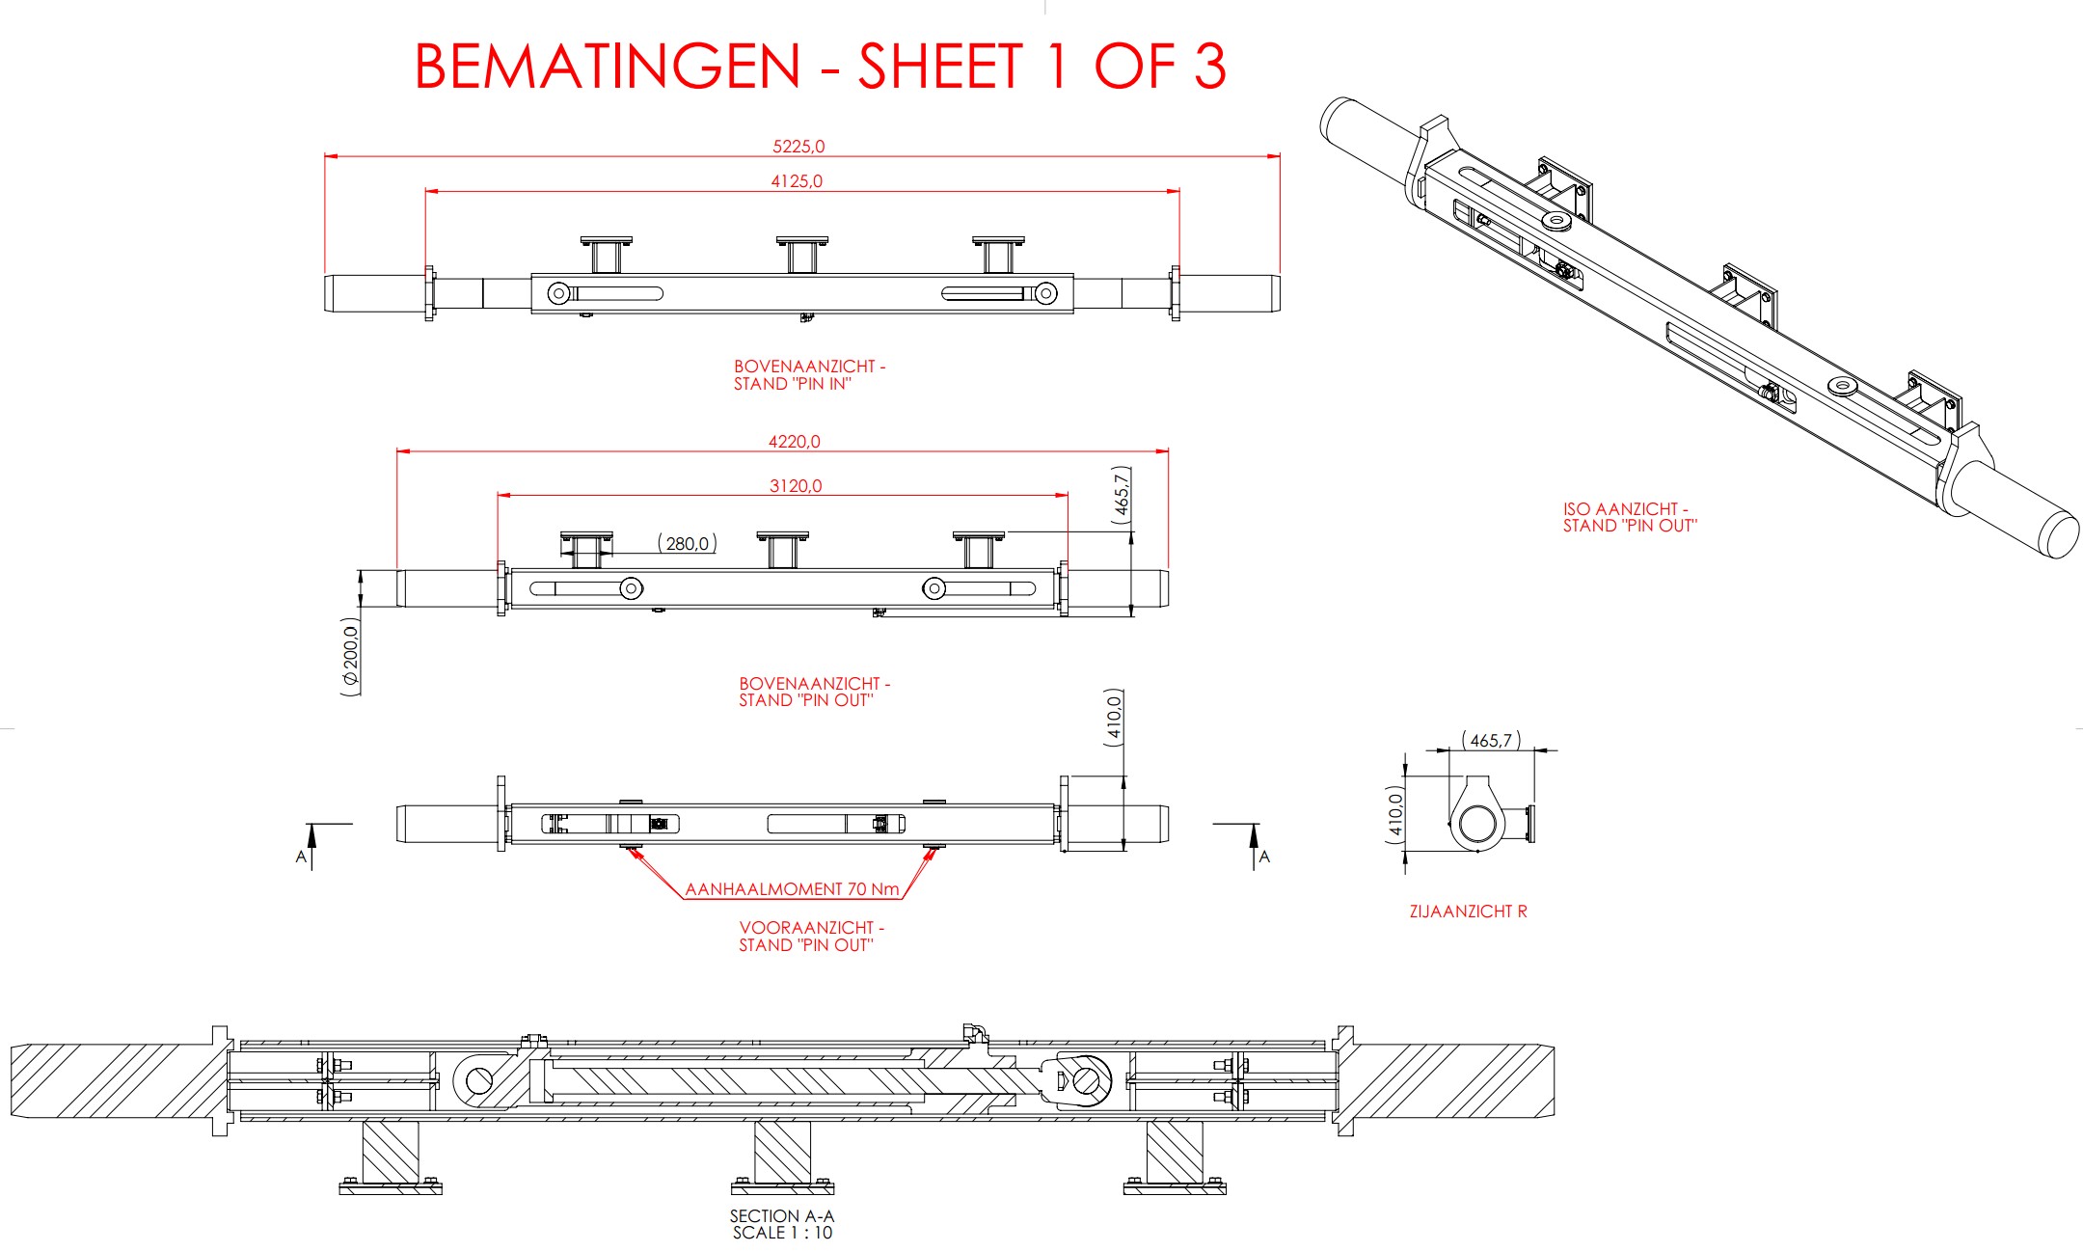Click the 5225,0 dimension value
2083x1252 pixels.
[x=798, y=147]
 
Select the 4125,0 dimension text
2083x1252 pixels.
[x=797, y=181]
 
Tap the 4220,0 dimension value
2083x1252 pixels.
[x=794, y=442]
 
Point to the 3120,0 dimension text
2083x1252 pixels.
[x=796, y=486]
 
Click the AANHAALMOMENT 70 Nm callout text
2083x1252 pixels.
[x=792, y=889]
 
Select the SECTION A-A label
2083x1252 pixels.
[x=781, y=1216]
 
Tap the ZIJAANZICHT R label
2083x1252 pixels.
[x=1468, y=912]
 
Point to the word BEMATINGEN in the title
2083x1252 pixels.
[x=608, y=68]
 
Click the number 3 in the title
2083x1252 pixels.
[x=1209, y=68]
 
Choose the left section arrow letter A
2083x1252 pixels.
[x=301, y=857]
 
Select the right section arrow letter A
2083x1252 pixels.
[x=1264, y=857]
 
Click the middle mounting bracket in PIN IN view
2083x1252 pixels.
[x=801, y=255]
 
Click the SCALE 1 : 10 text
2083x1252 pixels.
[x=781, y=1233]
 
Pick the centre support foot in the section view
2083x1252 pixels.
[x=782, y=1157]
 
